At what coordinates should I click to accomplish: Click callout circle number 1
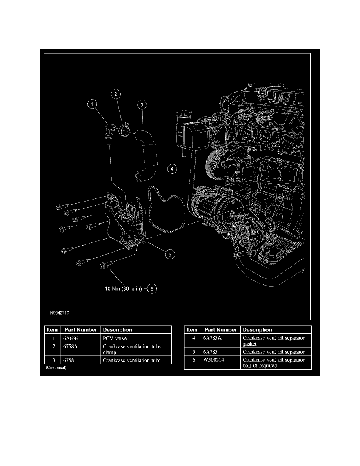point(92,104)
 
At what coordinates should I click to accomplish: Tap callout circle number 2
point(116,94)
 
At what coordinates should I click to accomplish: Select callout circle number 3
point(142,105)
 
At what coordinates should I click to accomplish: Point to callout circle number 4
point(172,169)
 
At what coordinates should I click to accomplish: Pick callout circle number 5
point(170,255)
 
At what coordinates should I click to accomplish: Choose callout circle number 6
point(152,289)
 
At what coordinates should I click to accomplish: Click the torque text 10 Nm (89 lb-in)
point(123,289)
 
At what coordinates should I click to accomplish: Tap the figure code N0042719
point(59,313)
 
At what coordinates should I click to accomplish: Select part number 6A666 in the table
point(71,338)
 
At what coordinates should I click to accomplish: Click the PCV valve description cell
point(115,338)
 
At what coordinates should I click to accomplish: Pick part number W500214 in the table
point(214,360)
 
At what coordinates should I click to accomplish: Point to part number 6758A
point(71,346)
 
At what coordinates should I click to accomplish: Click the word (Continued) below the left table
point(56,368)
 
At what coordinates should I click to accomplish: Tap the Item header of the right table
point(192,330)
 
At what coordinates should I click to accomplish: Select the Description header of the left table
point(117,330)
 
